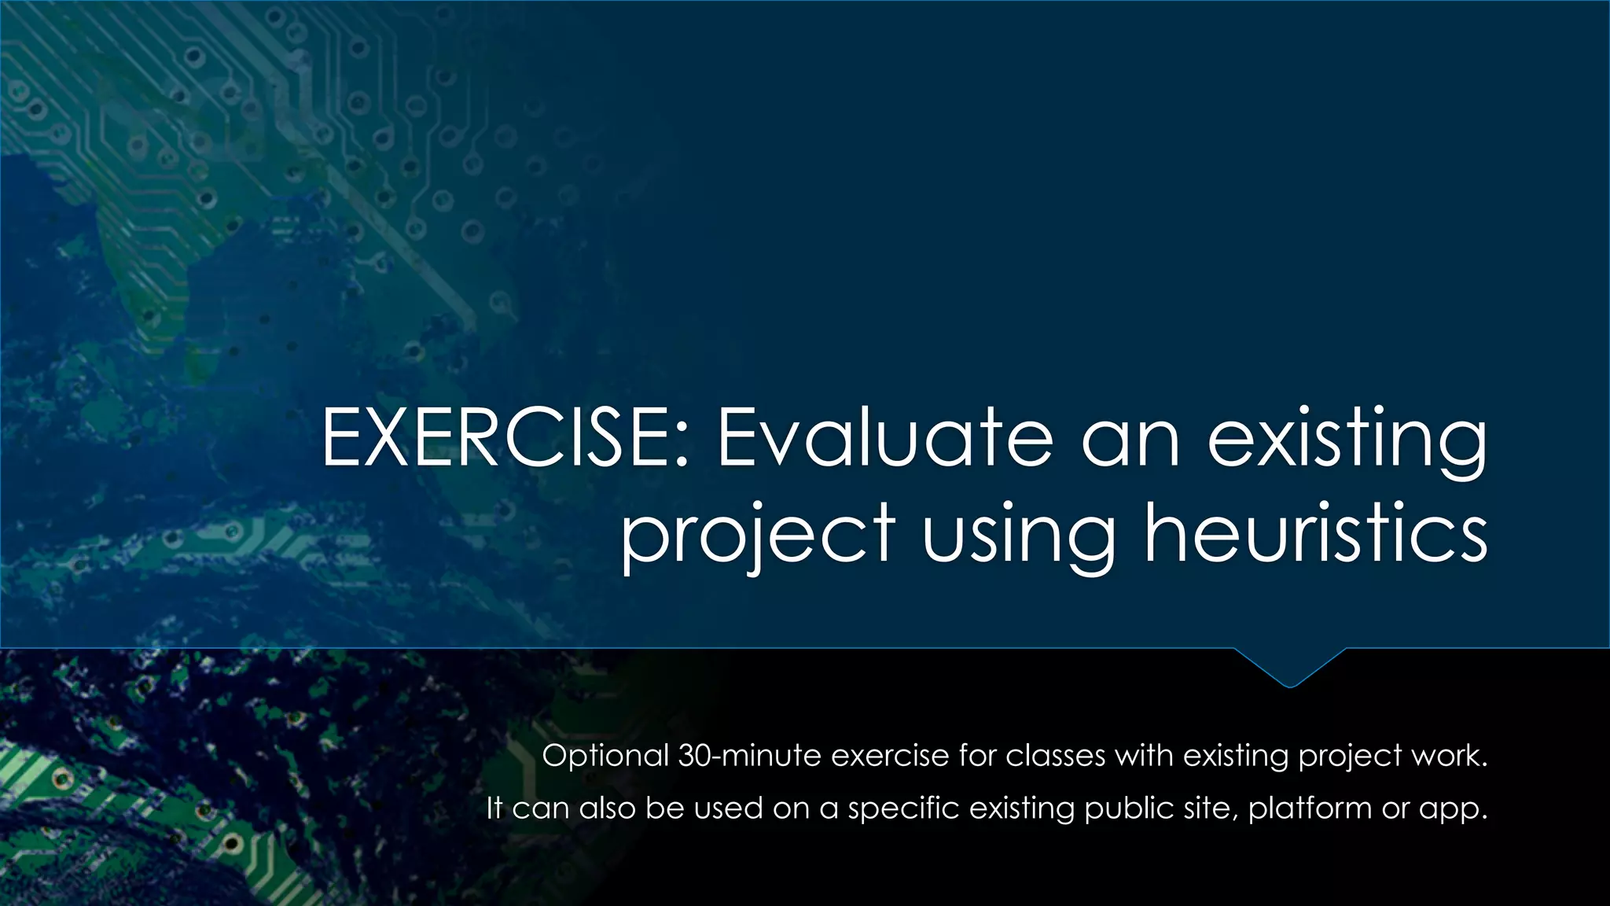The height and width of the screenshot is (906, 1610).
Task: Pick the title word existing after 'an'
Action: coord(1347,439)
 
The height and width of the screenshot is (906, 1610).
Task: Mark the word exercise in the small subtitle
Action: coord(890,756)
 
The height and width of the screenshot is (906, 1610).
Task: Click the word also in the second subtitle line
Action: coord(607,808)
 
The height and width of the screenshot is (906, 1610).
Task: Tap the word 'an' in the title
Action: coord(1130,439)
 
